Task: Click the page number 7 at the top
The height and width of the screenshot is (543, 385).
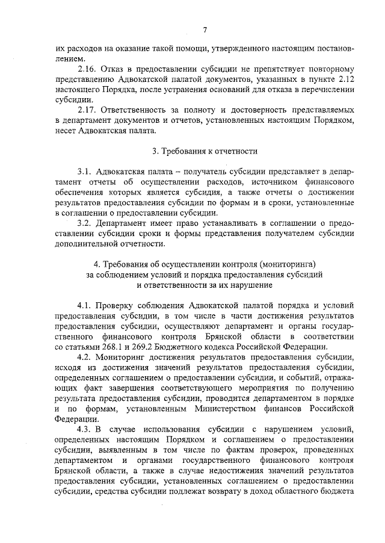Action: pos(205,30)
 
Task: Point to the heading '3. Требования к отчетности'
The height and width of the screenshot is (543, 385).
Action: pos(205,150)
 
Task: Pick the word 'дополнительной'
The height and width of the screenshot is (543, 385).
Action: pos(85,244)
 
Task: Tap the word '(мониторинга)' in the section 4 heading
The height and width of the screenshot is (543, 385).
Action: pos(288,264)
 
